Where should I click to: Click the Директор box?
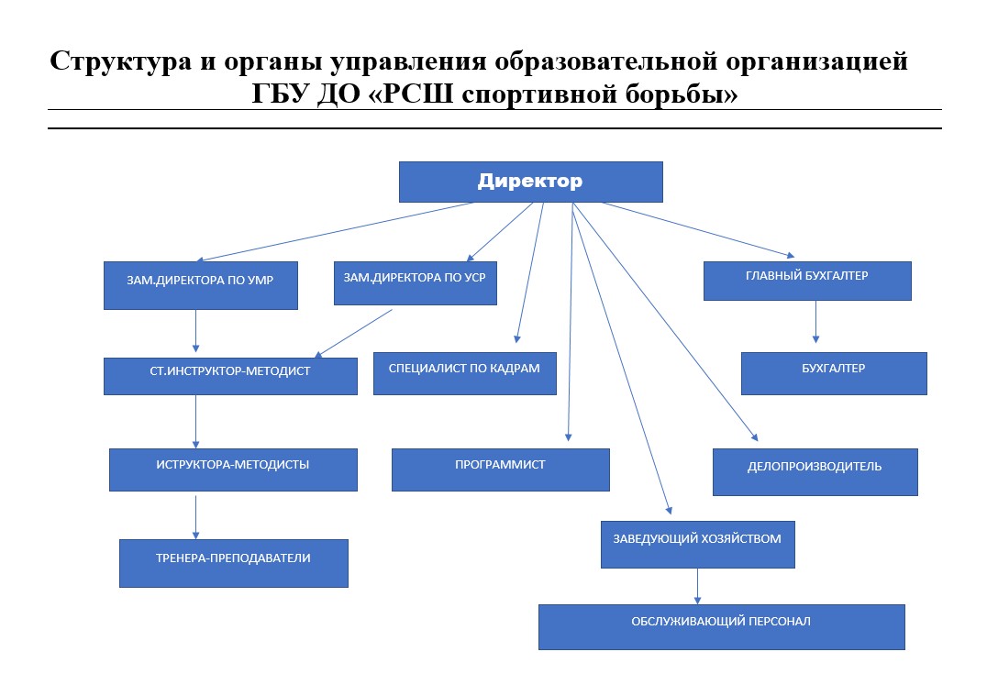(530, 182)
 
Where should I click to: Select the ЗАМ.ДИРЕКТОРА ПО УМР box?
(201, 285)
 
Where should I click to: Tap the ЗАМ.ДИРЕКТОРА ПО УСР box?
(415, 283)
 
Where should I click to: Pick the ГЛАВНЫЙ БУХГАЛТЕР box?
(807, 281)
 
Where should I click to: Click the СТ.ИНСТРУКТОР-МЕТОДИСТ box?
(230, 376)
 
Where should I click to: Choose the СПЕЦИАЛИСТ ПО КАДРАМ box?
(464, 373)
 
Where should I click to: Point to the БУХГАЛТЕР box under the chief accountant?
(834, 373)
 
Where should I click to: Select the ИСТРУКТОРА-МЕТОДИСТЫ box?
(233, 470)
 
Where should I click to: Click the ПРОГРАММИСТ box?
(501, 470)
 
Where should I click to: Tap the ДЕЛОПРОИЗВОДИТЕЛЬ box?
(815, 472)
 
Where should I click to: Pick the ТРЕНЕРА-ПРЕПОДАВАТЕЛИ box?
(234, 563)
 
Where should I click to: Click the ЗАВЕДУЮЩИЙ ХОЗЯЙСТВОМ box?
(697, 545)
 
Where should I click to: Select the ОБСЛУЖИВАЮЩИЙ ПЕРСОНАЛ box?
(721, 627)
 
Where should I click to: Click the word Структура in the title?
(121, 62)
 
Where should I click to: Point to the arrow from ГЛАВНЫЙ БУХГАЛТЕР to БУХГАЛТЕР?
(815, 322)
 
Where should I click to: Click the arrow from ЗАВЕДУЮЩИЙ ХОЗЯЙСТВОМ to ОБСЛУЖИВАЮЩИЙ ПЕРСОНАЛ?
(697, 587)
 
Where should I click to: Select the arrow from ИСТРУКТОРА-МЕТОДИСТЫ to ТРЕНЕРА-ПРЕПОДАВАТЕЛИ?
(195, 517)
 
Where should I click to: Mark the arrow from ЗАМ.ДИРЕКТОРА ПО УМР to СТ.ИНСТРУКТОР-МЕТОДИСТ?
(195, 331)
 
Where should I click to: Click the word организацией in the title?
(817, 62)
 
